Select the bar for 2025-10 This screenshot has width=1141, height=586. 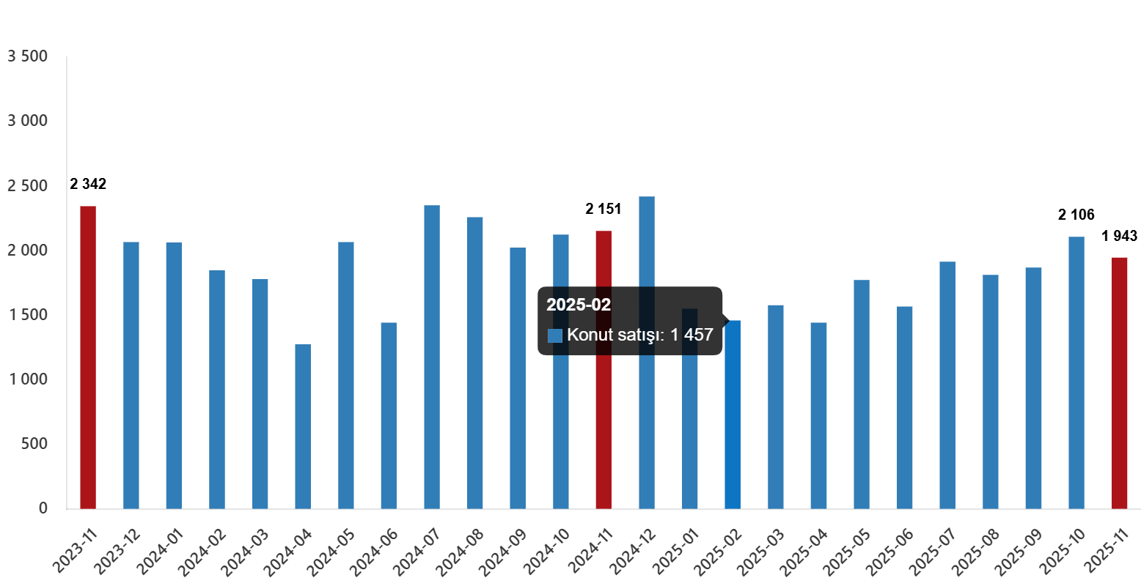(1076, 373)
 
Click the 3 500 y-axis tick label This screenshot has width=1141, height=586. (27, 56)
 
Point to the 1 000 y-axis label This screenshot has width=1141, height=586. (27, 379)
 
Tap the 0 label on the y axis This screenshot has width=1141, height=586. (43, 508)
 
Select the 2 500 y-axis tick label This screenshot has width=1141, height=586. (27, 186)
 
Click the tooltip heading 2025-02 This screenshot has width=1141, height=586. (579, 305)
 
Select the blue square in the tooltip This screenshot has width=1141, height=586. (555, 335)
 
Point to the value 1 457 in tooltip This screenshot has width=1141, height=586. (691, 335)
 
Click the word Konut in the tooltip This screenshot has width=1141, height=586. (590, 335)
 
